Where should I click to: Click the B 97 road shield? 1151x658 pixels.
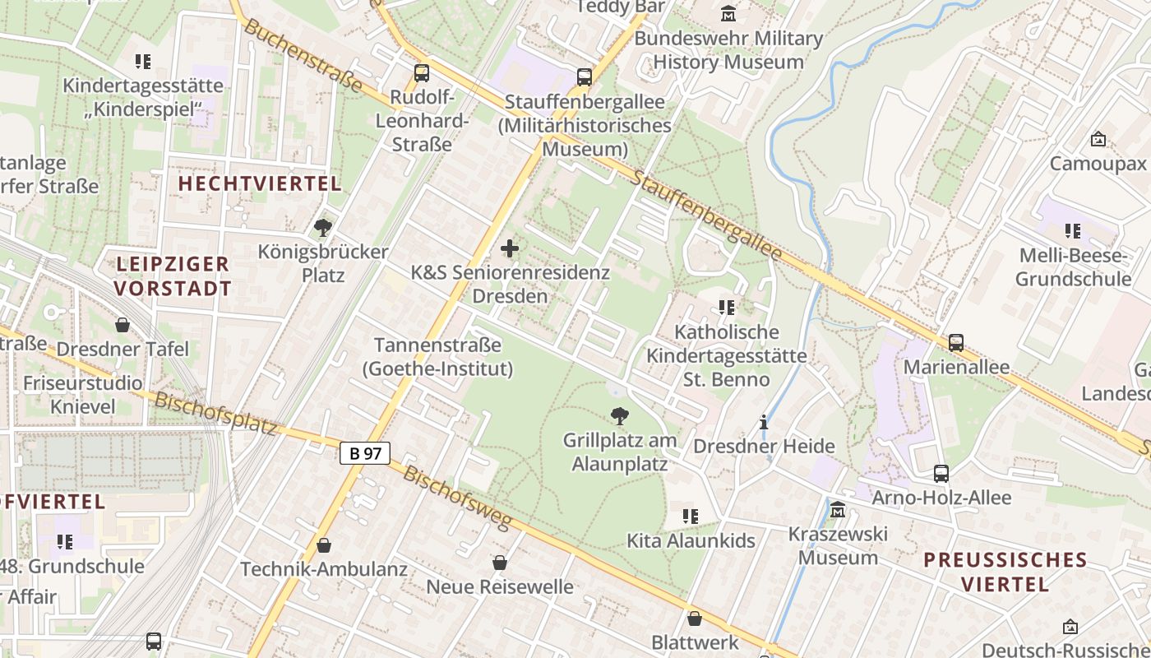(364, 452)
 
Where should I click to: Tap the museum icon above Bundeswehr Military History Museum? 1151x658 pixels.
(728, 14)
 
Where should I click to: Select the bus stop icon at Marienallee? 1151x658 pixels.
(955, 342)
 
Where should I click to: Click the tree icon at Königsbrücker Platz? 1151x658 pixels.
(323, 227)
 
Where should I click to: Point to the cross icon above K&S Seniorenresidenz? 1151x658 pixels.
(510, 248)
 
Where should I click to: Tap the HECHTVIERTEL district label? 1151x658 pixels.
(260, 183)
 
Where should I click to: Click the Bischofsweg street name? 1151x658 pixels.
(457, 498)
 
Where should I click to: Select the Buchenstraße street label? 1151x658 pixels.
(303, 56)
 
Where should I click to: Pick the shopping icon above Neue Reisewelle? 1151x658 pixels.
(499, 563)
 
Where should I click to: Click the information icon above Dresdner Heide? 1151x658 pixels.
(764, 422)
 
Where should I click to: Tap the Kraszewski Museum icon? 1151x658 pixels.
(838, 510)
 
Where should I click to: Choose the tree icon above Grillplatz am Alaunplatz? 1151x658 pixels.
(620, 415)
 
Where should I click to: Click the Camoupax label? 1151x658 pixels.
(1098, 164)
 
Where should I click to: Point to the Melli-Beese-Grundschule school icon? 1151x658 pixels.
(1072, 231)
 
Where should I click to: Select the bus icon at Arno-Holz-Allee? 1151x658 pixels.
(941, 473)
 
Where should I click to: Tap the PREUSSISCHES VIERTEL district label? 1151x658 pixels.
(1005, 572)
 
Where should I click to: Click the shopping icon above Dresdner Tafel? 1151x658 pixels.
(122, 325)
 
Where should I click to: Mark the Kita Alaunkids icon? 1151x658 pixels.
(691, 517)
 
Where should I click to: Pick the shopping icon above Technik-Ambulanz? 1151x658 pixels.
(324, 545)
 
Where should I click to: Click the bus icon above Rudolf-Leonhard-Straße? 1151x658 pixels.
(422, 72)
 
